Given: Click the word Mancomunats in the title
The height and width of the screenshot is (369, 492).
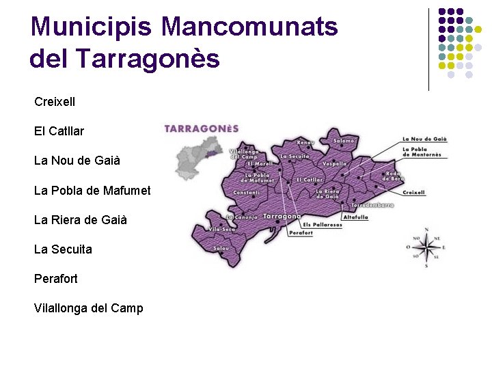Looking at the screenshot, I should coord(249,27).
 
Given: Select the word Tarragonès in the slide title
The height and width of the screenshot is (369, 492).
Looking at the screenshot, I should coord(148,59).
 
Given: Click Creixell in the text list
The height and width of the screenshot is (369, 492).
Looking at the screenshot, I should coord(55,102).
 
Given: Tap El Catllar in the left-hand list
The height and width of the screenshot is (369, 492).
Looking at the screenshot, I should coord(59,131).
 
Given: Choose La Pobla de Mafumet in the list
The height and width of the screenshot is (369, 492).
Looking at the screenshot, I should coord(92,190).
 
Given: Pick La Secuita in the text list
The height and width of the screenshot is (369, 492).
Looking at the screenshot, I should coord(63,249).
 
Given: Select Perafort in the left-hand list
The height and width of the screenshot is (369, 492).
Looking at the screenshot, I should coord(56,279).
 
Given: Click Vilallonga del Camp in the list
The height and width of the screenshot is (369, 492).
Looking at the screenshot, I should coord(89,308).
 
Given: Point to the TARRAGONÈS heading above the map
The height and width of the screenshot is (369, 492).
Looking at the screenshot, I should coord(202,128).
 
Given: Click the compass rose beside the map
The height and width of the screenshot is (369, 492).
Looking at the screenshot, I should coord(425,247).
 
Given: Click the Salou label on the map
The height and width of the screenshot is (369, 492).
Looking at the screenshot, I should coord(221,248).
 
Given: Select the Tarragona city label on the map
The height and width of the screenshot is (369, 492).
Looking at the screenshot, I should coord(282,217).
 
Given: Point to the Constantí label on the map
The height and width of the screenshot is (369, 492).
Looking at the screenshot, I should coord(246,193).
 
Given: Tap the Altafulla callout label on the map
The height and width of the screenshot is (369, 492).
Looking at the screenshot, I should coord(355,217).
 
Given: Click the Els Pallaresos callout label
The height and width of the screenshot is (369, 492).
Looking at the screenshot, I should coord(322,225).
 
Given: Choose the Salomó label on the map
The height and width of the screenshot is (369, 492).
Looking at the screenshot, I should coord(344,141).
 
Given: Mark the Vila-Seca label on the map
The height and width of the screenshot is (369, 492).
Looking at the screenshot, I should coord(221,229).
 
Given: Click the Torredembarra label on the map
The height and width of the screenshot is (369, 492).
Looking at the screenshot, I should coord(372,205).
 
